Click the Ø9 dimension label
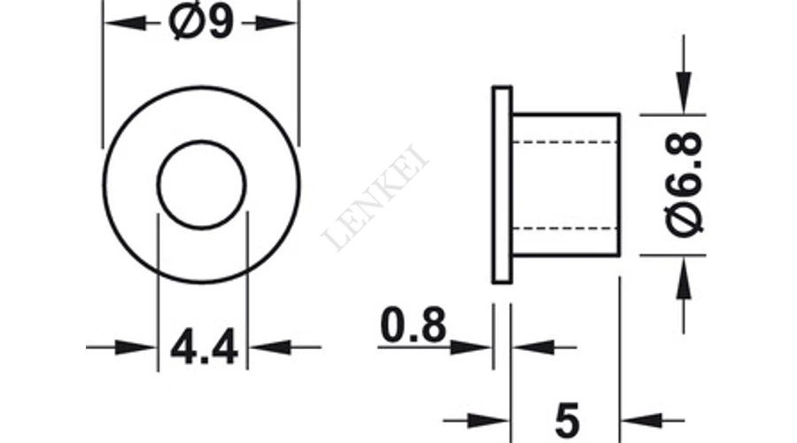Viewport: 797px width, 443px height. click(x=201, y=22)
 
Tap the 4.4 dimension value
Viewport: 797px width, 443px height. click(x=204, y=347)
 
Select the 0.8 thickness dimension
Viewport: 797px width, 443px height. click(x=413, y=324)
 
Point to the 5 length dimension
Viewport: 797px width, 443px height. click(x=568, y=421)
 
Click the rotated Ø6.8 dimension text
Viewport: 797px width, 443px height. click(x=685, y=184)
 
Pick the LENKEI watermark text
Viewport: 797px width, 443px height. click(x=375, y=198)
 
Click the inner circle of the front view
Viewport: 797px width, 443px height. click(x=202, y=141)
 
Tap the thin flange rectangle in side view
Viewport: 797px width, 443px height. click(x=502, y=184)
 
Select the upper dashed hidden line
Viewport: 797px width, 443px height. click(x=565, y=142)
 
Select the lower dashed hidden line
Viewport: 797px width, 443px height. click(x=565, y=228)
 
